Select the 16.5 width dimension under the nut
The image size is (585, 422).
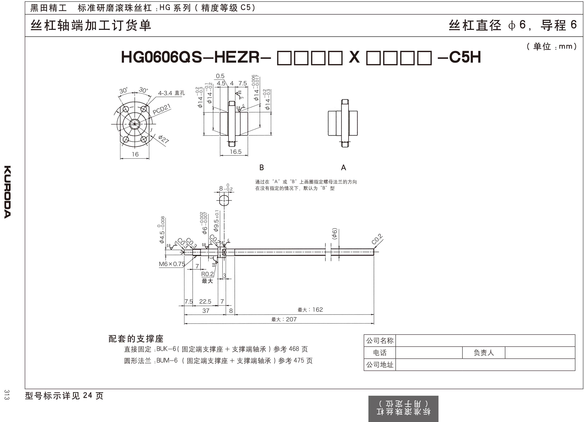coord(236,152)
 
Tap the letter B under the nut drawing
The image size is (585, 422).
coord(261,168)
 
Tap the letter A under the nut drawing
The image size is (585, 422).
coord(343,168)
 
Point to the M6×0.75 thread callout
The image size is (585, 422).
coord(172,264)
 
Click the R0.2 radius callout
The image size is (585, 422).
coord(207,274)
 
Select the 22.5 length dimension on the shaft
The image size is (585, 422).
coord(205,301)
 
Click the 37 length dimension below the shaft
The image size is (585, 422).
coord(206,311)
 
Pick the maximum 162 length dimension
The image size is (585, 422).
coord(310,310)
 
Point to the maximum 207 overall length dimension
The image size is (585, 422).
coord(284,319)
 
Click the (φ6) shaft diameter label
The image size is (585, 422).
coord(334,234)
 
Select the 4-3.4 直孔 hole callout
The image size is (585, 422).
coord(171,93)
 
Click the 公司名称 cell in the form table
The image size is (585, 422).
coord(380,341)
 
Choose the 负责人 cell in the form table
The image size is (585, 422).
coord(484,352)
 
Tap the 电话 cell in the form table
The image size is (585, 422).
coord(380,352)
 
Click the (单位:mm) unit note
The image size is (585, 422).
coord(551,47)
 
